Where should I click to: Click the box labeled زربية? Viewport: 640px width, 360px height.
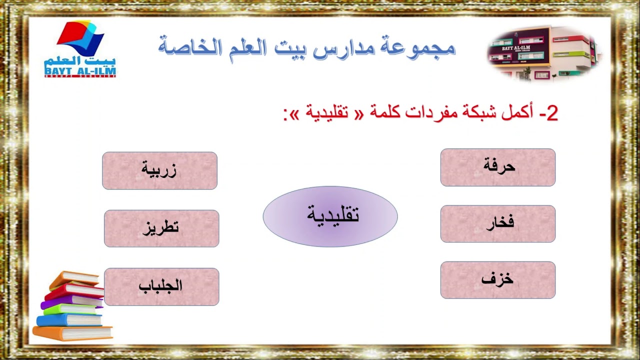pyautogui.click(x=159, y=170)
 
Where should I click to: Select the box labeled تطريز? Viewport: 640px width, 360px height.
pyautogui.click(x=161, y=228)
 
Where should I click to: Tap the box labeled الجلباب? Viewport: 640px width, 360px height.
pyautogui.click(x=161, y=286)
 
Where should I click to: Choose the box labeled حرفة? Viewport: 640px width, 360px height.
pyautogui.click(x=498, y=167)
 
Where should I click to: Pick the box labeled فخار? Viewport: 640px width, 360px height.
pyautogui.click(x=498, y=223)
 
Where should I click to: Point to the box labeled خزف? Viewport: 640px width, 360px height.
pyautogui.click(x=498, y=280)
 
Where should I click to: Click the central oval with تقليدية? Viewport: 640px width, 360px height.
pyautogui.click(x=330, y=216)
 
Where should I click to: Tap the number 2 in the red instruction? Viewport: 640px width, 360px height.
pyautogui.click(x=551, y=113)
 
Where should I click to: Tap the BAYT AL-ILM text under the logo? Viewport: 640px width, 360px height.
pyautogui.click(x=80, y=71)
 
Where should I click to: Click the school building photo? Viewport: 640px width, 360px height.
pyautogui.click(x=543, y=53)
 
